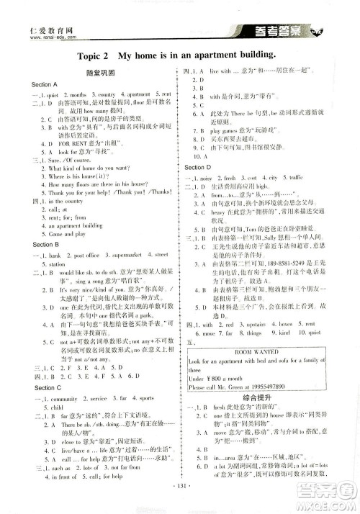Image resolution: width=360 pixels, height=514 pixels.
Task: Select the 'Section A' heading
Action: [45, 84]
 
